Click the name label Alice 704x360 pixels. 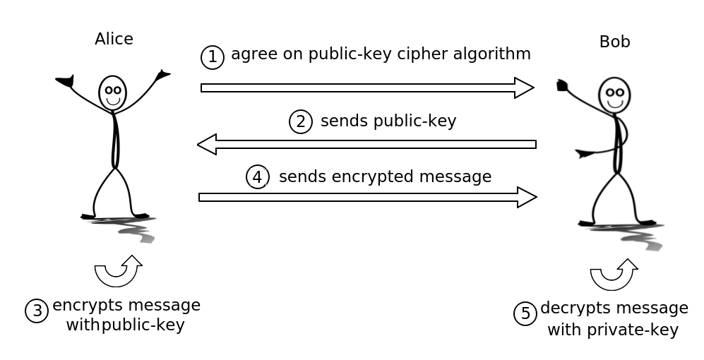pos(114,39)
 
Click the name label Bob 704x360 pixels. pos(614,42)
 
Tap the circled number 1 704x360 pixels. pos(213,57)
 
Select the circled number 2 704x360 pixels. pos(301,121)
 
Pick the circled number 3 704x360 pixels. pos(37,311)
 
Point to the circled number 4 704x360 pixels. pos(258,176)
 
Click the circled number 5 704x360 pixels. pos(525,313)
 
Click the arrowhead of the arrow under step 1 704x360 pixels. pos(524,88)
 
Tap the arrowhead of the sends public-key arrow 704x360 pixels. pos(207,144)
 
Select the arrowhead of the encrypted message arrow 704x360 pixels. pos(527,197)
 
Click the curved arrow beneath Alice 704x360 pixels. pos(117,271)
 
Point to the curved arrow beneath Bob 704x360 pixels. pos(613,275)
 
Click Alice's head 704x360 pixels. pos(112,92)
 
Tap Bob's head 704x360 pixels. pos(614,95)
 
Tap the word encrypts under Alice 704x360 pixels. pos(80,305)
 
